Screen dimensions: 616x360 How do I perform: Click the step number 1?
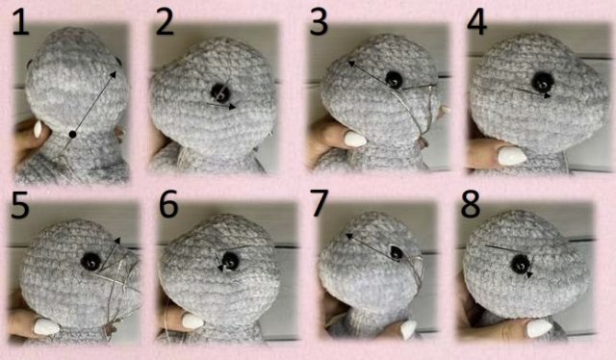click(20, 23)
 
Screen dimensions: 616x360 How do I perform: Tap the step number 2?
click(165, 23)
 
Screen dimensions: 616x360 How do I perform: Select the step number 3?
click(319, 23)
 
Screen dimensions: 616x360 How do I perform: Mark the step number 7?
click(319, 203)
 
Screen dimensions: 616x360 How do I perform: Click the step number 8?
click(471, 203)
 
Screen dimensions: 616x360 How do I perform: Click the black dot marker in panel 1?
click(72, 135)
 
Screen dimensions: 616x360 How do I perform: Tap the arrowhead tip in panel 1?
click(116, 71)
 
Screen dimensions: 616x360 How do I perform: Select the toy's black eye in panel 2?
click(220, 92)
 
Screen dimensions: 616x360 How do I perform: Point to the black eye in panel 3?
click(394, 79)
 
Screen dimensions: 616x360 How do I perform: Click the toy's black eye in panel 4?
click(543, 82)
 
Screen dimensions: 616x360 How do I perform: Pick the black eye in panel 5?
click(90, 262)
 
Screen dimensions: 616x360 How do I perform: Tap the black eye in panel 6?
click(230, 261)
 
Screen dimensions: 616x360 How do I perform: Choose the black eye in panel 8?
click(522, 264)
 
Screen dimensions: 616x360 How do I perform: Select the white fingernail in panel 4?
click(512, 156)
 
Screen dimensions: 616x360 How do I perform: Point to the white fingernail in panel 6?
click(192, 321)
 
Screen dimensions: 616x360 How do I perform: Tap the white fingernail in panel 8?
click(540, 328)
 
